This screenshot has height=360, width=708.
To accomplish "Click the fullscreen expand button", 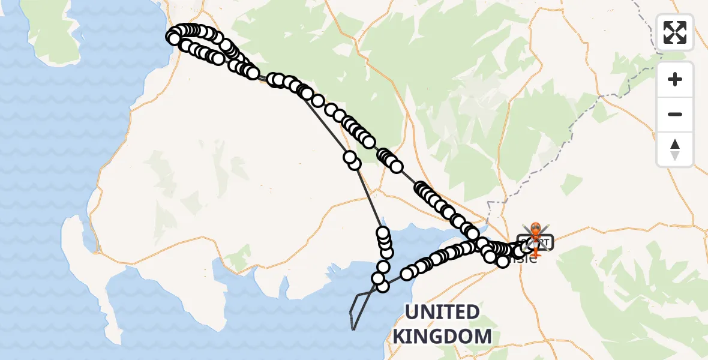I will (x=675, y=32).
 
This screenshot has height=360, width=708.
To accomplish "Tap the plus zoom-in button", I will (x=675, y=79).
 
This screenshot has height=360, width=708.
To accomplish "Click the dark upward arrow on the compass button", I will (x=675, y=144).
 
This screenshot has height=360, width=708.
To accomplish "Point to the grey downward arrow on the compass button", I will (x=675, y=155).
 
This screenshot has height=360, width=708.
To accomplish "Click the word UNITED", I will (x=442, y=313).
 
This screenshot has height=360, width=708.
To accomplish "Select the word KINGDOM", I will (x=442, y=336).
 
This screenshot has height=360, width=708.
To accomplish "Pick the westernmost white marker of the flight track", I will (x=173, y=38).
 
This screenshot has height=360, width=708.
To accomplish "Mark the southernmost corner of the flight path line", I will (x=354, y=329).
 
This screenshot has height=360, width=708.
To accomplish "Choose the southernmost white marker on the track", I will (x=382, y=286).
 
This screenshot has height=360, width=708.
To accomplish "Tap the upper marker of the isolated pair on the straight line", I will (x=349, y=157).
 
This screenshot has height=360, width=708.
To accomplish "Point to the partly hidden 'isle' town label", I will (x=523, y=259).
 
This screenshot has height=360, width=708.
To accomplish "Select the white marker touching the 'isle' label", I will (x=502, y=261).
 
